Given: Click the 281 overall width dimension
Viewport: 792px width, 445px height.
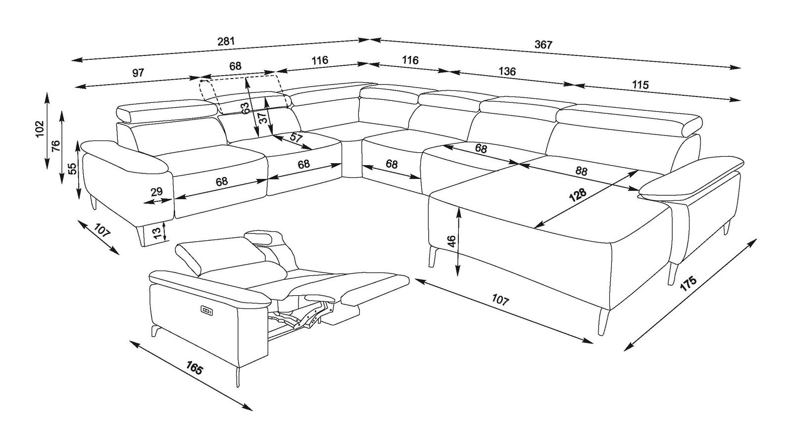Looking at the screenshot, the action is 226,42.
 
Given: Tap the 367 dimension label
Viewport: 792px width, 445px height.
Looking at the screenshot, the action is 543,44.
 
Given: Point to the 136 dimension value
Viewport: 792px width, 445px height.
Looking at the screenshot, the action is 507,71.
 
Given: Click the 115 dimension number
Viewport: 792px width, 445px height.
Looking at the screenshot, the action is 641,85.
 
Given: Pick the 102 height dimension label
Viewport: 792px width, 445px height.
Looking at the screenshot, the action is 40,129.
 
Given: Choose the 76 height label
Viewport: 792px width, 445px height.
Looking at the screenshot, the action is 56,146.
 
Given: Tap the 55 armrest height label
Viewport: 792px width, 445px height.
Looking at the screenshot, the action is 72,169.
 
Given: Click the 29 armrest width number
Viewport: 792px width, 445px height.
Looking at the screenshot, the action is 156,192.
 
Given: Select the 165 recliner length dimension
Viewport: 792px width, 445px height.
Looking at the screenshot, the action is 194,368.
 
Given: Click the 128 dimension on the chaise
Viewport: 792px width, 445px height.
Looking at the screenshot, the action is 578,195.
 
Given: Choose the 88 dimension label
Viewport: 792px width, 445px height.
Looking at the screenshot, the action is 581,171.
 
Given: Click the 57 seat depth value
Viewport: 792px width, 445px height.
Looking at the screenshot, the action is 296,137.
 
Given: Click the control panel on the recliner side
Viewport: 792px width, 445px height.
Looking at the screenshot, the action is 206,311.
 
